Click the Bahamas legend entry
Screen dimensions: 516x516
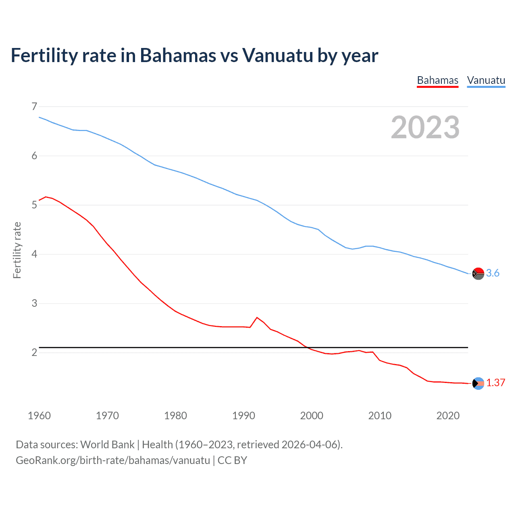pos(437,80)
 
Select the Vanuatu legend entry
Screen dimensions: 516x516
pos(486,80)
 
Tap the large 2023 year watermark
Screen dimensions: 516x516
pos(425,127)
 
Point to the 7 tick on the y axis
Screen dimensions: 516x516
pos(34,106)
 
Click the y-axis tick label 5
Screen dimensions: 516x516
pos(34,205)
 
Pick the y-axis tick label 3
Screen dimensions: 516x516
pos(34,303)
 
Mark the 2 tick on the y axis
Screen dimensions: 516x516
pos(34,352)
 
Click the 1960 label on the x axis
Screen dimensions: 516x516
pos(39,416)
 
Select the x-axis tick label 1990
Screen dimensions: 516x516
pos(243,416)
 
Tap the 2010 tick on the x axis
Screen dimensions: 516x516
pos(380,416)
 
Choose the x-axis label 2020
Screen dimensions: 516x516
pos(448,416)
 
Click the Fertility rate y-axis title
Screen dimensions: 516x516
pos(17,250)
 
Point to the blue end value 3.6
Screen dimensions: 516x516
pos(493,273)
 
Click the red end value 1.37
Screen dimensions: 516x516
pos(495,383)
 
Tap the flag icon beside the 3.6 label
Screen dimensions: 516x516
pos(478,273)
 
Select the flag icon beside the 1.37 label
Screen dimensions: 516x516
pos(478,383)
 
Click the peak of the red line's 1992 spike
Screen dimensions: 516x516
pos(257,318)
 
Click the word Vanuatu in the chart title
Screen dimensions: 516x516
pos(277,55)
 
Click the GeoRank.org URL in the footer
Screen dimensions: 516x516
pos(113,460)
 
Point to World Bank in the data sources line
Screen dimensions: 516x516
pos(107,444)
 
